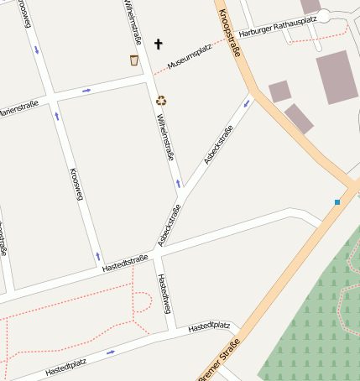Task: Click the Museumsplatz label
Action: click(x=190, y=57)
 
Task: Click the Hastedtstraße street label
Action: click(x=125, y=263)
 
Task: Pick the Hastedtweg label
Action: click(x=164, y=295)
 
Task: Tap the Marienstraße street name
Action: click(x=18, y=110)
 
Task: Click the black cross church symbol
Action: click(x=159, y=43)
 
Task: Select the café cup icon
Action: click(x=134, y=60)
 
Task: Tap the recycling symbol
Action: click(x=161, y=101)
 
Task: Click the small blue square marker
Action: click(x=337, y=202)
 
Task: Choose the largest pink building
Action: click(x=337, y=76)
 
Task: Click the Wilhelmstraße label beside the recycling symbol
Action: click(x=165, y=136)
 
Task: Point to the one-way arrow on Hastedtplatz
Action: click(x=111, y=352)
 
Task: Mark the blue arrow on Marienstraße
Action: click(x=86, y=90)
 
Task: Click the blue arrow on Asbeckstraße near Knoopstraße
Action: click(x=247, y=103)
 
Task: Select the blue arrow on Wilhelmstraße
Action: click(x=178, y=183)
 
